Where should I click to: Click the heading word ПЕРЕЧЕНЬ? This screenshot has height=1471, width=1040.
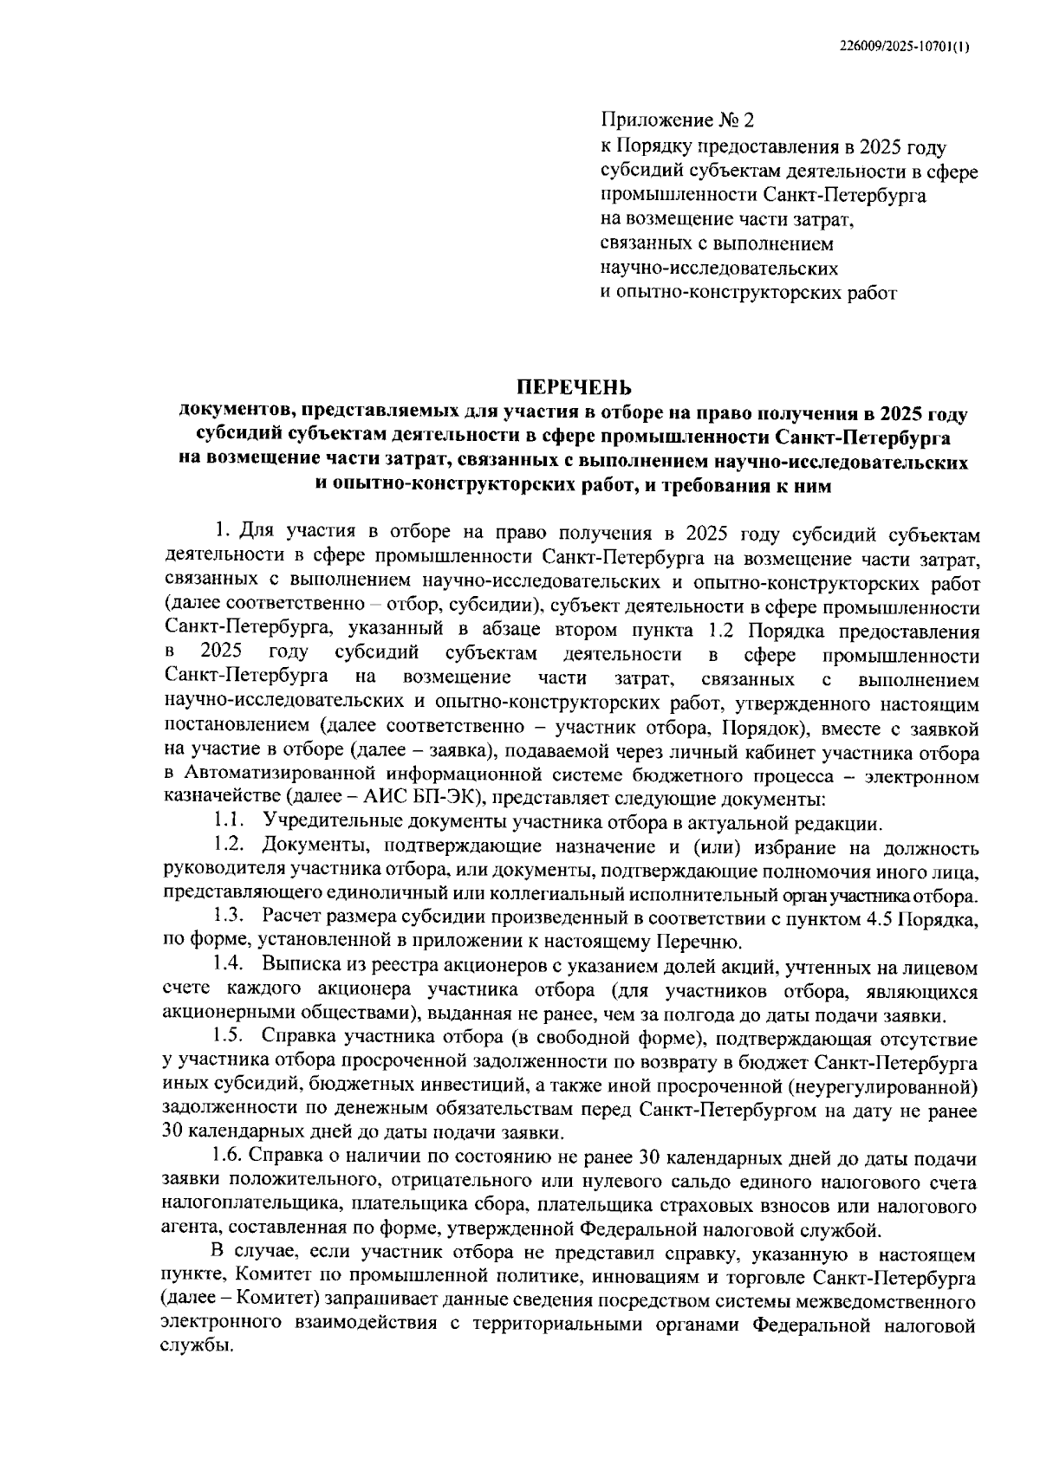575,387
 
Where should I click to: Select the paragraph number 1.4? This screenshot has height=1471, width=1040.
229,966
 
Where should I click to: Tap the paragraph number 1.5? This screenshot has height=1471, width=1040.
229,1037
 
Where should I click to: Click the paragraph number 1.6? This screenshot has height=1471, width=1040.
229,1157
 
